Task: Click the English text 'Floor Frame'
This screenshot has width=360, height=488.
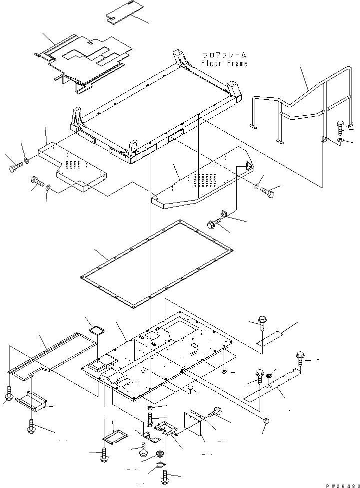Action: point(224,63)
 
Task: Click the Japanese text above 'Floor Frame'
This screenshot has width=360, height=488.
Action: point(225,55)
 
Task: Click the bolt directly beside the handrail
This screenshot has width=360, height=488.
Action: point(340,127)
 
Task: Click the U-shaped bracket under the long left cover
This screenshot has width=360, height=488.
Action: point(30,401)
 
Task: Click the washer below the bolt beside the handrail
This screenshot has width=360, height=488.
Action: point(340,142)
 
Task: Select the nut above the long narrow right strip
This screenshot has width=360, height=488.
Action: point(270,375)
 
